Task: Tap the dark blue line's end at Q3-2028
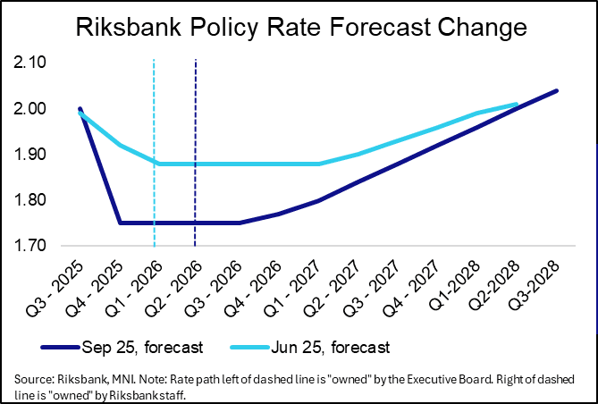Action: pos(558,90)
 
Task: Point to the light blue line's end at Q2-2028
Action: pos(518,105)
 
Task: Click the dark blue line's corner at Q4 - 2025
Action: pos(120,223)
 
